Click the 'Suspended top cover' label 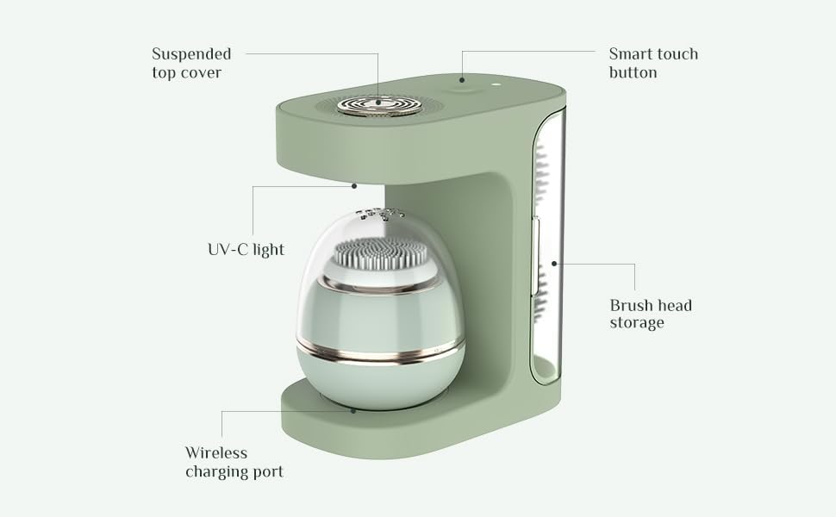[191, 63]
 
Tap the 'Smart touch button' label [653, 63]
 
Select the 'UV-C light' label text [246, 249]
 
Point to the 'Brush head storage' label [651, 314]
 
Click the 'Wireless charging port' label [234, 462]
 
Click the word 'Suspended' [191, 54]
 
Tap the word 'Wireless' [216, 452]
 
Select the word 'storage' [637, 323]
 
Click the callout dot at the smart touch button [462, 80]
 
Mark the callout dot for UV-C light [354, 186]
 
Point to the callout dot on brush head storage [554, 264]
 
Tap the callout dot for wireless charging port [353, 411]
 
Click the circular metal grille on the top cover [379, 105]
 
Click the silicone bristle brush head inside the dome [381, 253]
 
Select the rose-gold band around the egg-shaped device [380, 352]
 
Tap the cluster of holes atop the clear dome [380, 214]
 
